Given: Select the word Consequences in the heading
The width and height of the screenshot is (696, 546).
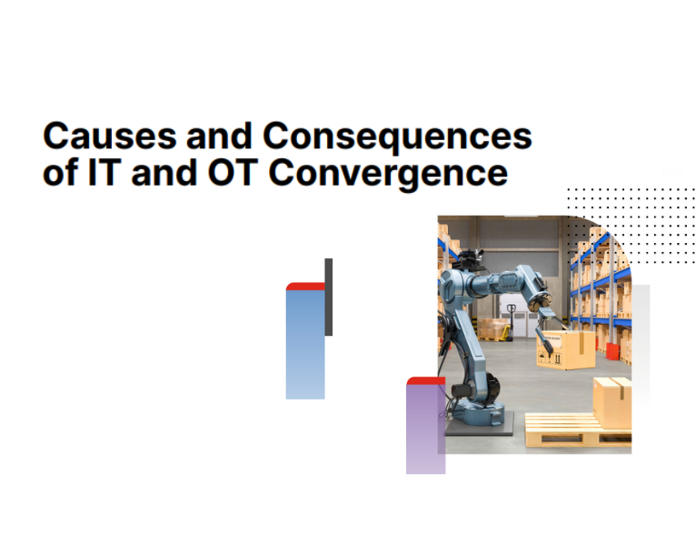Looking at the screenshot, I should coord(396,136).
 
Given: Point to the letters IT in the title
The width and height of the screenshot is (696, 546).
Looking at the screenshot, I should coord(101,172).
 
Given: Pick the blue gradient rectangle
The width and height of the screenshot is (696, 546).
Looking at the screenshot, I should coord(305,346).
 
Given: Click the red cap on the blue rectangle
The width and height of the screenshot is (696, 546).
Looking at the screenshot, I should coord(305,287).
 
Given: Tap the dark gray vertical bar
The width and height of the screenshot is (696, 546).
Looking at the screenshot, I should coord(328,297).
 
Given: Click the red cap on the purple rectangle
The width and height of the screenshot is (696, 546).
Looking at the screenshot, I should coord(425,380).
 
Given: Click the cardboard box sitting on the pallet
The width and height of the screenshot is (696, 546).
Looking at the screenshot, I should coord(611,402).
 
